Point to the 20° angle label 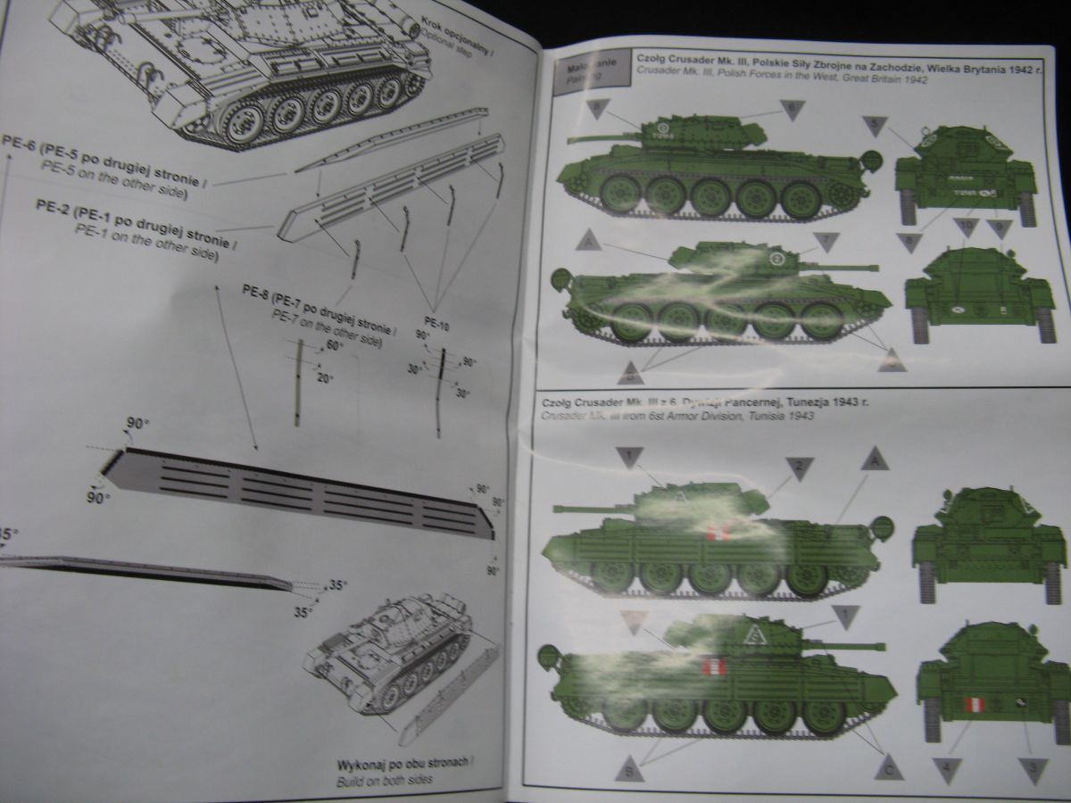tap(325, 378)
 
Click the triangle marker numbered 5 tap(875, 124)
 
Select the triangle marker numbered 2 tap(799, 466)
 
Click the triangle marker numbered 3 tap(1033, 768)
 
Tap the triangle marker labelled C tap(888, 766)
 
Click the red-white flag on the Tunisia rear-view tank tap(976, 706)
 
